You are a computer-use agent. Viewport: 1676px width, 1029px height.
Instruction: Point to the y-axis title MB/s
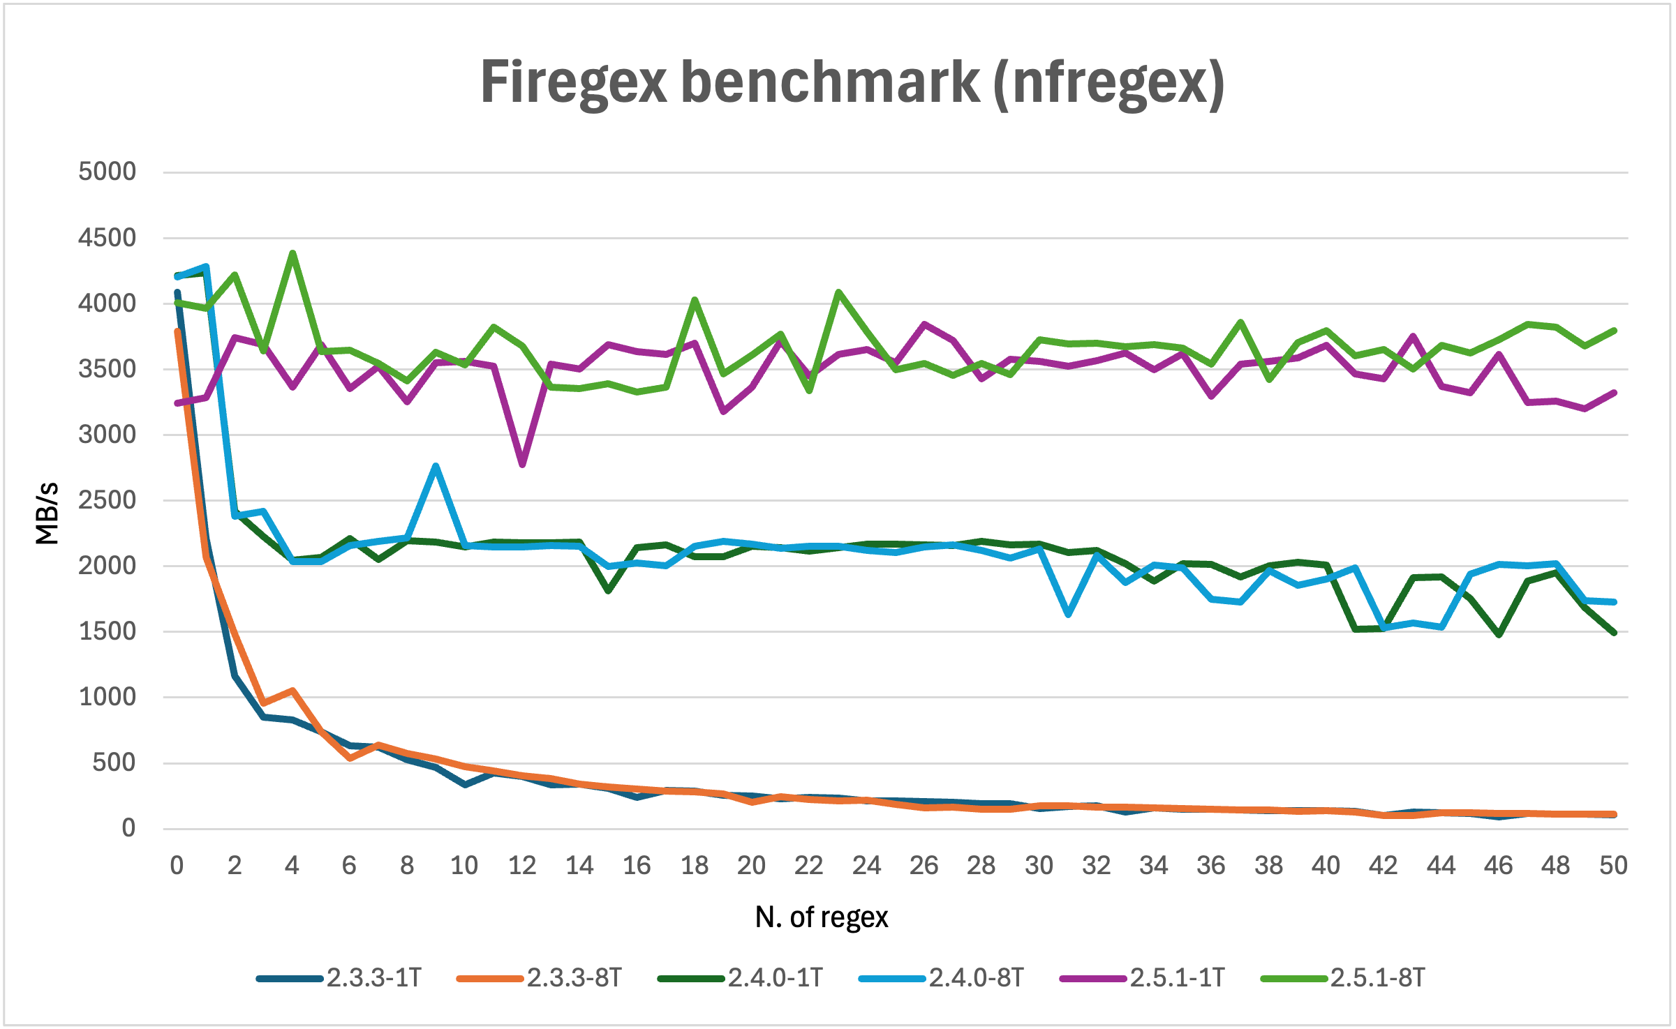(47, 513)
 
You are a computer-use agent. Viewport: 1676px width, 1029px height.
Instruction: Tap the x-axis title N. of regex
(822, 917)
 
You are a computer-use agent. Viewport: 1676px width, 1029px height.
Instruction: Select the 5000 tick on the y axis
(107, 172)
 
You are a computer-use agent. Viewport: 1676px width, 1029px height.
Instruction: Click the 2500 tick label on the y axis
(107, 500)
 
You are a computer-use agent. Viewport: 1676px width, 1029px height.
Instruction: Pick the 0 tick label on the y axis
(128, 828)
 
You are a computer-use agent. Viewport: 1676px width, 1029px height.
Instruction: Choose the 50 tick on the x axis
(1613, 866)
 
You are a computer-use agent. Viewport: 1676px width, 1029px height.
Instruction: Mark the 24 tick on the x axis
(866, 866)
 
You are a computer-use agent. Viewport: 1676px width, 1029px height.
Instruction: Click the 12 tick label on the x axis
(521, 866)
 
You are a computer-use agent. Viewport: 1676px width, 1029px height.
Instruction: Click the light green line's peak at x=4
(292, 253)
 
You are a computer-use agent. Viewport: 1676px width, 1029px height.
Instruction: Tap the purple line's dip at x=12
(522, 465)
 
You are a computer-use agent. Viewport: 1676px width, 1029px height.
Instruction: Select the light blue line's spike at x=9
(436, 466)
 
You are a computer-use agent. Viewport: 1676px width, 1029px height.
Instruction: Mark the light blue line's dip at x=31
(1068, 615)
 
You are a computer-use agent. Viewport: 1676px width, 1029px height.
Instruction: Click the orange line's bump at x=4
(292, 691)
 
